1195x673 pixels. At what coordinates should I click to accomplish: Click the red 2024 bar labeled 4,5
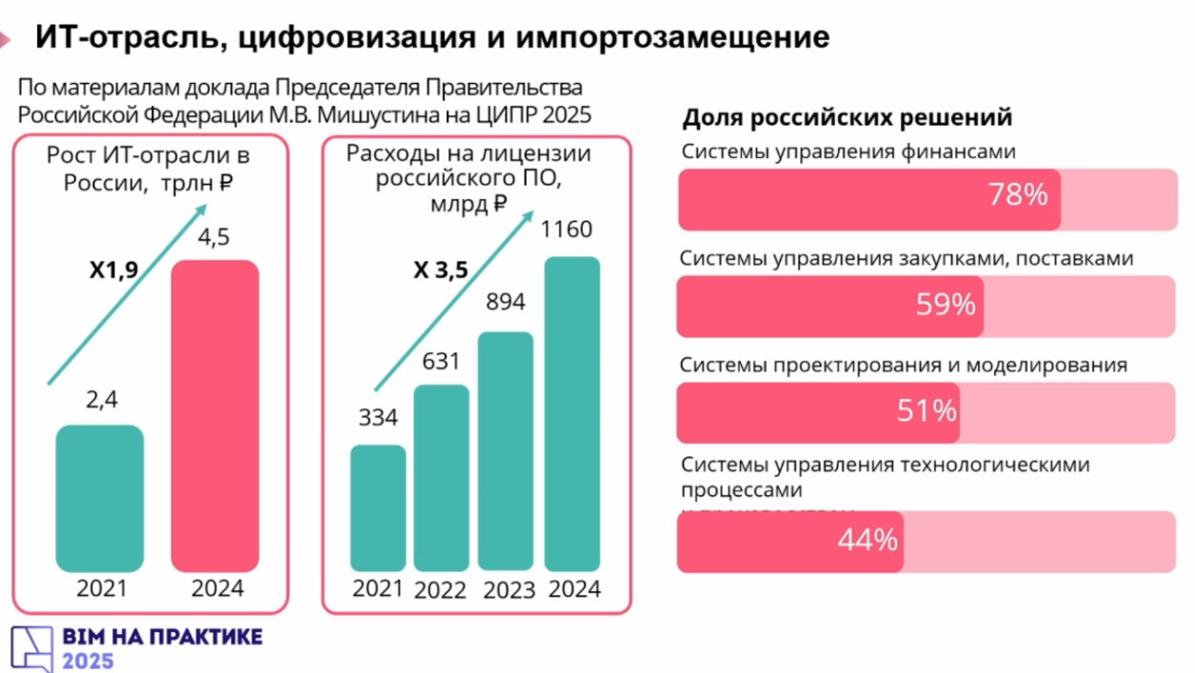pyautogui.click(x=214, y=415)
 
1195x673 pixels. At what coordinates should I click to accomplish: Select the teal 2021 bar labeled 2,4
pyautogui.click(x=100, y=498)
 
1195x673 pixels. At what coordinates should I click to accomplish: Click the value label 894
pyautogui.click(x=505, y=303)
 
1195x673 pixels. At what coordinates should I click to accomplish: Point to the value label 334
pyautogui.click(x=378, y=417)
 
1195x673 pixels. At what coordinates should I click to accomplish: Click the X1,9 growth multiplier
pyautogui.click(x=113, y=270)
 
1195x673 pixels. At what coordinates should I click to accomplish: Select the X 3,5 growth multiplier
pyautogui.click(x=440, y=270)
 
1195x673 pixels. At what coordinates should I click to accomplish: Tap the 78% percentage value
pyautogui.click(x=1018, y=195)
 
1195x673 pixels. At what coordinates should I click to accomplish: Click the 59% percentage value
pyautogui.click(x=946, y=305)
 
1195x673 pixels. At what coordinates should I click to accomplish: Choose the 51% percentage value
pyautogui.click(x=926, y=411)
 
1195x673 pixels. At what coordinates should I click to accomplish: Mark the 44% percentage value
pyautogui.click(x=867, y=540)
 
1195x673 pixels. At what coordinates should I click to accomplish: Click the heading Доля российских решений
pyautogui.click(x=847, y=119)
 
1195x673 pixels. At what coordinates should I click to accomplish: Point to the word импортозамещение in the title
pyautogui.click(x=674, y=38)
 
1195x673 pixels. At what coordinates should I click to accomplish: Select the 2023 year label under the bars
pyautogui.click(x=509, y=590)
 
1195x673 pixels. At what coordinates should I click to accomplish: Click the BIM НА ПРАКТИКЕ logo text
pyautogui.click(x=162, y=637)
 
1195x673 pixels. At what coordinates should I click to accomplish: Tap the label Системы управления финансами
pyautogui.click(x=848, y=151)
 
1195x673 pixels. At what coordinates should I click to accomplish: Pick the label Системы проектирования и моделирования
pyautogui.click(x=904, y=365)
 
